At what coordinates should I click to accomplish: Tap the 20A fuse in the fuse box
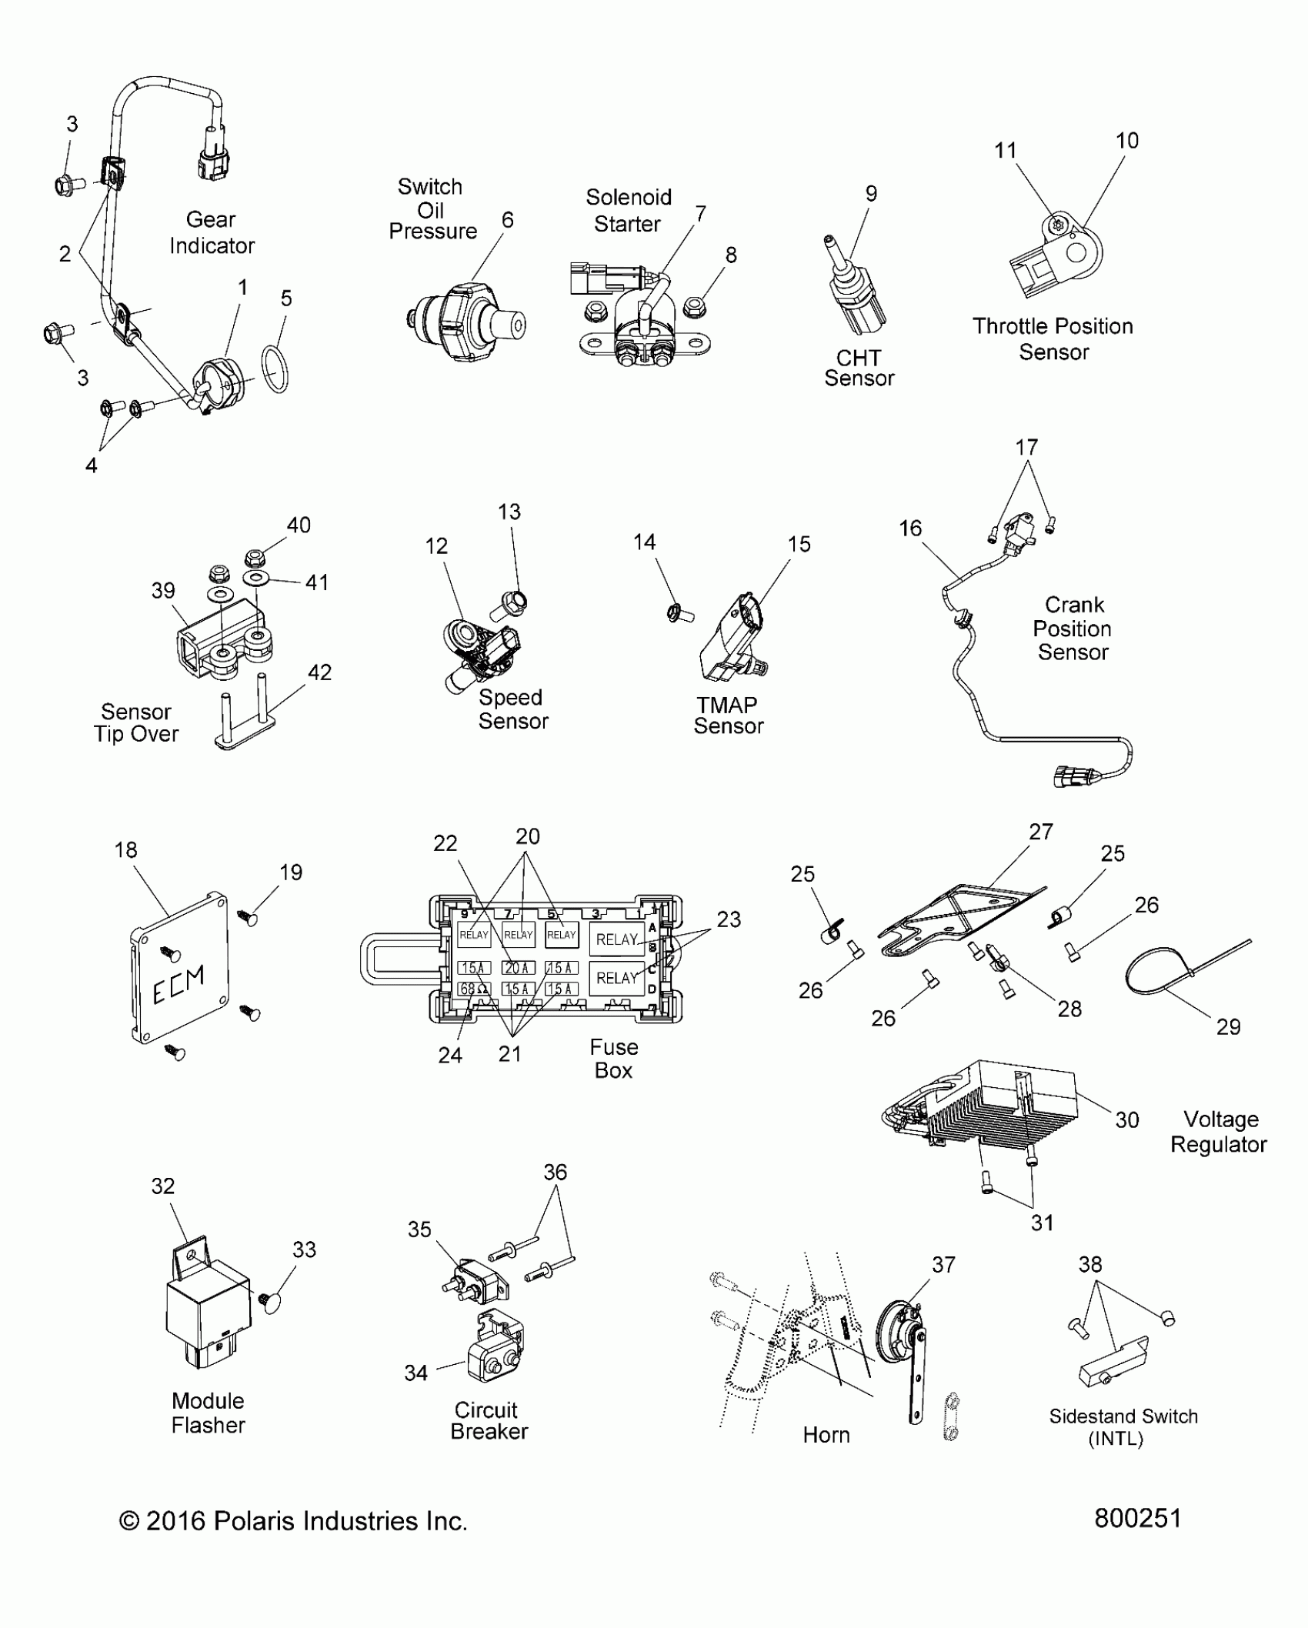(518, 968)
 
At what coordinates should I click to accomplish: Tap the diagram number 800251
(1137, 1518)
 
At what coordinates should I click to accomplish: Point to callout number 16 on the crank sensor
(910, 529)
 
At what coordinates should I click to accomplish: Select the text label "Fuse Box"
(613, 1059)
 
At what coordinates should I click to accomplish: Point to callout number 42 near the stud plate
(319, 672)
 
